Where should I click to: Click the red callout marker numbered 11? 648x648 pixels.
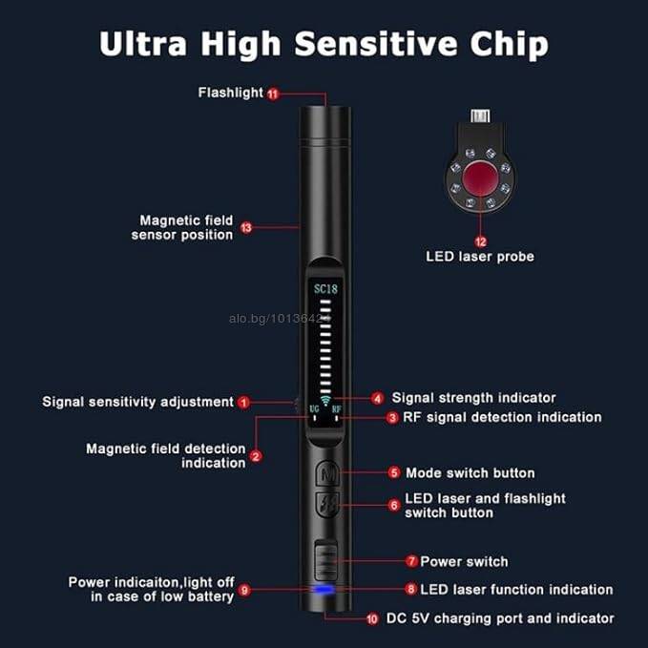[273, 94]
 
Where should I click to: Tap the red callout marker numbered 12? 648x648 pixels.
[480, 241]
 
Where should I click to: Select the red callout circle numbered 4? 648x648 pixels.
[377, 398]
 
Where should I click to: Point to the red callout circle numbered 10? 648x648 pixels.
[372, 618]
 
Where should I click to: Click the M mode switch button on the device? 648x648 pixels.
[327, 473]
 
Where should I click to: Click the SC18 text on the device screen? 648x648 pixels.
[325, 289]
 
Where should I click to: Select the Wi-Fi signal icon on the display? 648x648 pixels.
[325, 400]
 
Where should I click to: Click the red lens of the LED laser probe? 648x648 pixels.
[480, 178]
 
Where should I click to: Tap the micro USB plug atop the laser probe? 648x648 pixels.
[480, 115]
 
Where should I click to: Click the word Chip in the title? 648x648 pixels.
[510, 44]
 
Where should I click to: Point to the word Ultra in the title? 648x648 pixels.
[143, 43]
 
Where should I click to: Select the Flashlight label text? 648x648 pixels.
[230, 93]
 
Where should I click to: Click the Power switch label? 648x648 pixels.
[464, 561]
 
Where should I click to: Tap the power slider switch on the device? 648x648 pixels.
[326, 560]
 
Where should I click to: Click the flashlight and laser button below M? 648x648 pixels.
[327, 504]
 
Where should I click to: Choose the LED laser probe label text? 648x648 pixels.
[480, 257]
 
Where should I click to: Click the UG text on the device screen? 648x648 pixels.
[314, 409]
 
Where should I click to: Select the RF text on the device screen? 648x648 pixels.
[337, 409]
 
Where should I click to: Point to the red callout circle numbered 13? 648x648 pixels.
[246, 227]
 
